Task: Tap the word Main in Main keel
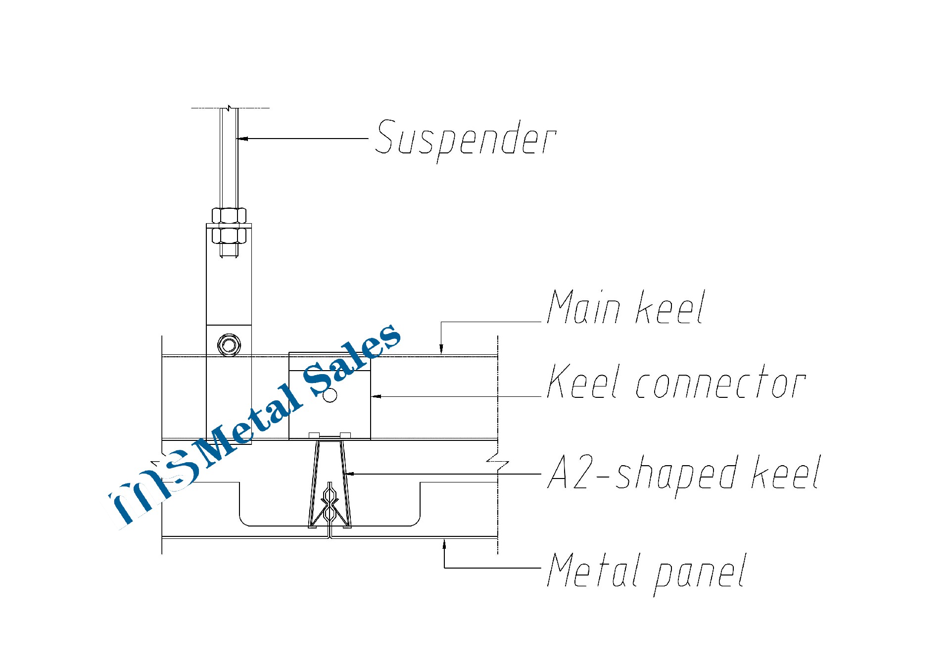click(584, 308)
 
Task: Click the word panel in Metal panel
click(700, 573)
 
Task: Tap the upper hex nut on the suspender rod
click(229, 216)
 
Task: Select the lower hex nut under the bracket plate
click(229, 235)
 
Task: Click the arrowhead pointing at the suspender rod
click(242, 139)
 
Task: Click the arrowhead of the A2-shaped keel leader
click(349, 474)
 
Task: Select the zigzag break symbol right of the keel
click(497, 464)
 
